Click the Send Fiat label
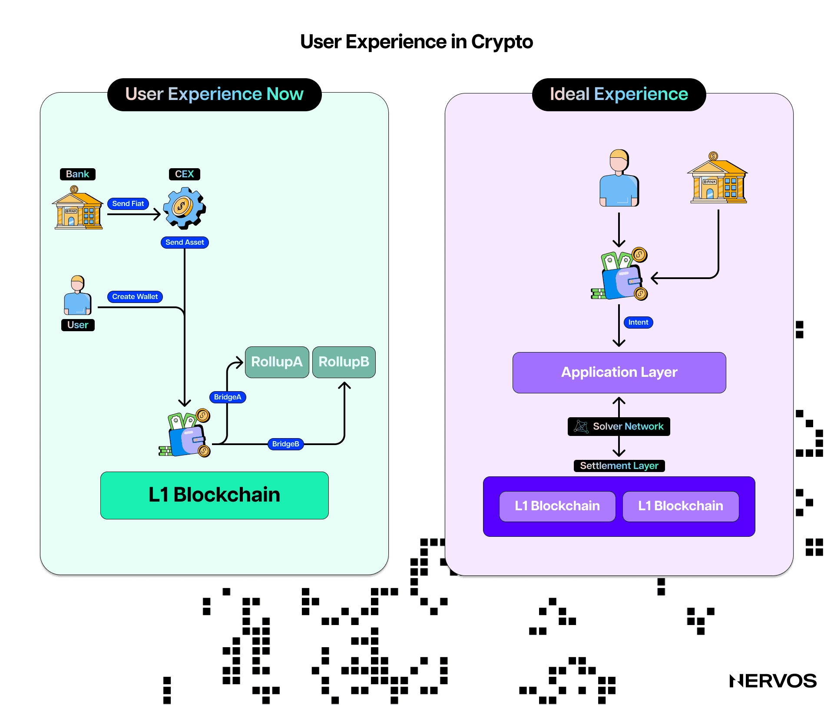click(x=128, y=203)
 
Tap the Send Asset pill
click(x=185, y=242)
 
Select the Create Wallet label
click(x=135, y=296)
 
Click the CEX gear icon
click(x=184, y=208)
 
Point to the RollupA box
click(x=277, y=362)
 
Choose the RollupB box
click(x=344, y=362)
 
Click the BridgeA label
click(x=228, y=397)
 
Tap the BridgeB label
click(x=285, y=444)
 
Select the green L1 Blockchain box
click(x=214, y=495)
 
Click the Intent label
click(x=638, y=322)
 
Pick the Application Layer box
click(x=619, y=372)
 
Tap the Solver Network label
click(x=619, y=426)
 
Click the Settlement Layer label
click(x=619, y=466)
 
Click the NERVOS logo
click(x=773, y=681)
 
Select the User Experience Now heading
click(x=214, y=94)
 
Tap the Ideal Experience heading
click(x=619, y=94)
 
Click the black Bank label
click(x=77, y=174)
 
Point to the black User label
click(x=78, y=325)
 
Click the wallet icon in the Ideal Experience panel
click(x=620, y=275)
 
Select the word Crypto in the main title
click(x=502, y=42)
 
